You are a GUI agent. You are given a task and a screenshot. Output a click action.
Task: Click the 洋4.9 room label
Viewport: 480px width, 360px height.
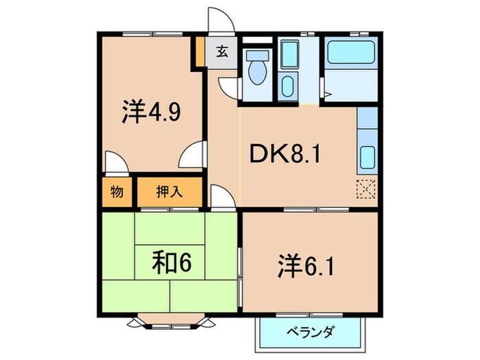pyautogui.click(x=152, y=112)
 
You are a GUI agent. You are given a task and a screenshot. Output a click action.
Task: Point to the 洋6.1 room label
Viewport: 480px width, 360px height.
pyautogui.click(x=307, y=265)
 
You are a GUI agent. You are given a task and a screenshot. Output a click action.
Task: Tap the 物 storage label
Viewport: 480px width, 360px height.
pyautogui.click(x=117, y=192)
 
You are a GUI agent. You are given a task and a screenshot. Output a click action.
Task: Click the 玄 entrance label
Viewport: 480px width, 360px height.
pyautogui.click(x=222, y=51)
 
